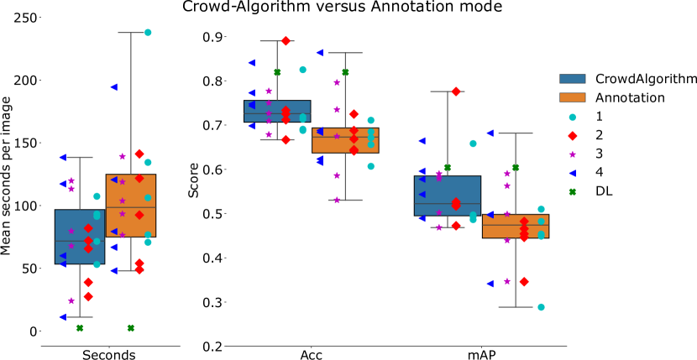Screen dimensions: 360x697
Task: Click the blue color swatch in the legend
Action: [573, 79]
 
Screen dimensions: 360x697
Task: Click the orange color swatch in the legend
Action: [573, 97]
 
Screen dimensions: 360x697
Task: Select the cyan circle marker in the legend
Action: [573, 117]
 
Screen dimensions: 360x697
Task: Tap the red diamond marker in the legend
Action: [573, 136]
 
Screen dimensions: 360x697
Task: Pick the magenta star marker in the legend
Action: [573, 154]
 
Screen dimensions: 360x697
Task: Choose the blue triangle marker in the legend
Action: [573, 173]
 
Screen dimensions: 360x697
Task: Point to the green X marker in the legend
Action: [573, 192]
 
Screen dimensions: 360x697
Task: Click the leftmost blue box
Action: [80, 237]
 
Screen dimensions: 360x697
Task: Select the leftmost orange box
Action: [131, 206]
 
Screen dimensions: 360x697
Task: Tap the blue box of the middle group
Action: [277, 111]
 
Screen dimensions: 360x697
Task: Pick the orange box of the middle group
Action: [345, 140]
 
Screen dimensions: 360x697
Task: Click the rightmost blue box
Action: [448, 196]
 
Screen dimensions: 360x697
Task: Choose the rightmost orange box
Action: [516, 226]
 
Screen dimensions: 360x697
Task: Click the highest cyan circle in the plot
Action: [148, 33]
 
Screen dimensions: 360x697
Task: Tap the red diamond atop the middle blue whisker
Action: [286, 41]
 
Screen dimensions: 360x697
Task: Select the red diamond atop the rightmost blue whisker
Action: [456, 91]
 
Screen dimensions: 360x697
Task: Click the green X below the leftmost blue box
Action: [80, 328]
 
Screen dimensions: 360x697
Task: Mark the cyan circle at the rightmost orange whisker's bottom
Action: [541, 307]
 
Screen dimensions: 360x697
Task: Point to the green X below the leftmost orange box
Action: [131, 328]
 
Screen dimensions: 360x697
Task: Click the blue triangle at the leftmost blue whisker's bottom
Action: [63, 317]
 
